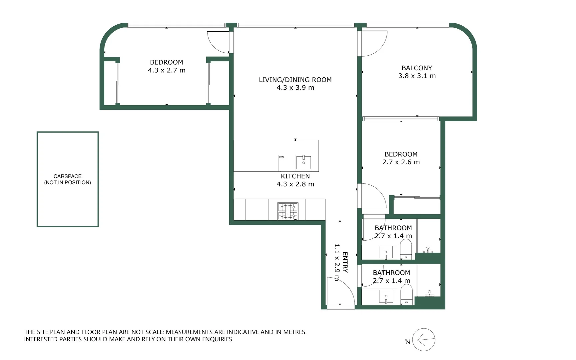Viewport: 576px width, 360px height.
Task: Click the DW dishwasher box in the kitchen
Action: [286, 163]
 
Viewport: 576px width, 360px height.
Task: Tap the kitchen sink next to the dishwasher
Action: [303, 162]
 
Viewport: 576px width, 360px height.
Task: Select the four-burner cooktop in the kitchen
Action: [288, 211]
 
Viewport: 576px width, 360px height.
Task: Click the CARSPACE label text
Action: [67, 176]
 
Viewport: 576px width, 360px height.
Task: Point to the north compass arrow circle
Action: [424, 340]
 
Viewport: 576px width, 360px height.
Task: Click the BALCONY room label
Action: [417, 68]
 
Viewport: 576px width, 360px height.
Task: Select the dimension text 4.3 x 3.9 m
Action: [295, 88]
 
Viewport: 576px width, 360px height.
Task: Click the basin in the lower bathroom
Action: [386, 296]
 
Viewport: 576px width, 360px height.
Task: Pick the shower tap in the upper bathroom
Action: [428, 249]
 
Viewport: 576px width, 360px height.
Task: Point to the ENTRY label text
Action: [345, 262]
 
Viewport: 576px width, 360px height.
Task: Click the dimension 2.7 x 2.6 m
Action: [401, 162]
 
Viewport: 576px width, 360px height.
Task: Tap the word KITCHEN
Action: [295, 176]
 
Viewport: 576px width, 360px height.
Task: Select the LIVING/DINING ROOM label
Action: [295, 80]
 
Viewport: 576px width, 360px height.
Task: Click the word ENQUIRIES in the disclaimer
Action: [217, 339]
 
